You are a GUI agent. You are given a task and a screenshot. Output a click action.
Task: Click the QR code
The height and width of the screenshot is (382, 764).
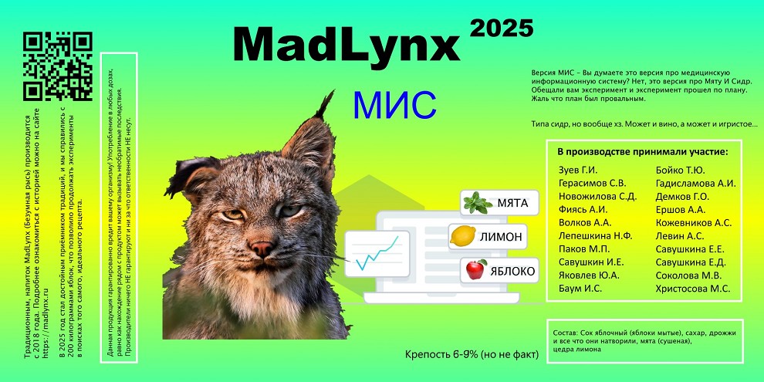tap(58, 66)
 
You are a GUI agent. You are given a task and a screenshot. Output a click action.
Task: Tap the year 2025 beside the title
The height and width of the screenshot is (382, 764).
tap(502, 29)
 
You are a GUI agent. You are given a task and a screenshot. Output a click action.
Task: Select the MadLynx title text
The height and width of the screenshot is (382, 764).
tap(347, 44)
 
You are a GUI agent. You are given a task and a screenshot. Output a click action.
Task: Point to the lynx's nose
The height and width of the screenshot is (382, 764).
tap(262, 248)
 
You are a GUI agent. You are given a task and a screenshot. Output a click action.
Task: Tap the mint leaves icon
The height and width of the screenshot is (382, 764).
tap(478, 203)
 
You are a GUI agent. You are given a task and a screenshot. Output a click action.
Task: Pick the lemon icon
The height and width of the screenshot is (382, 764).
tap(462, 236)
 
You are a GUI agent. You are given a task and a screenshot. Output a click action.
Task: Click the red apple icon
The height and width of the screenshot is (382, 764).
tap(476, 269)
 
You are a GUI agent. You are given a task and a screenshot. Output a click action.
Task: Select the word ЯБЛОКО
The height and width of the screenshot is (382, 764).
tap(513, 271)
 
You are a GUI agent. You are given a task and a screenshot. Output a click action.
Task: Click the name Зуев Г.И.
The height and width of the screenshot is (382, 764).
tap(578, 170)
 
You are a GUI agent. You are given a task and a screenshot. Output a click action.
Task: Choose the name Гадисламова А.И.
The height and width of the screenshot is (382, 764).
tap(696, 183)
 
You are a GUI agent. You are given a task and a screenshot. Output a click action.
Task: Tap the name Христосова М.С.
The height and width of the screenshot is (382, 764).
tap(693, 289)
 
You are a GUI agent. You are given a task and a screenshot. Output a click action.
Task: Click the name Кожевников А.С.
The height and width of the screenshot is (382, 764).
tap(694, 223)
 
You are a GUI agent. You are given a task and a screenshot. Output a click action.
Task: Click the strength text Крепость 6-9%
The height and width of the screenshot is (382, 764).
tap(441, 354)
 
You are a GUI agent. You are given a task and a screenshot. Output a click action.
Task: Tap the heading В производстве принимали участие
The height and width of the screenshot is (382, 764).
tap(643, 152)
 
